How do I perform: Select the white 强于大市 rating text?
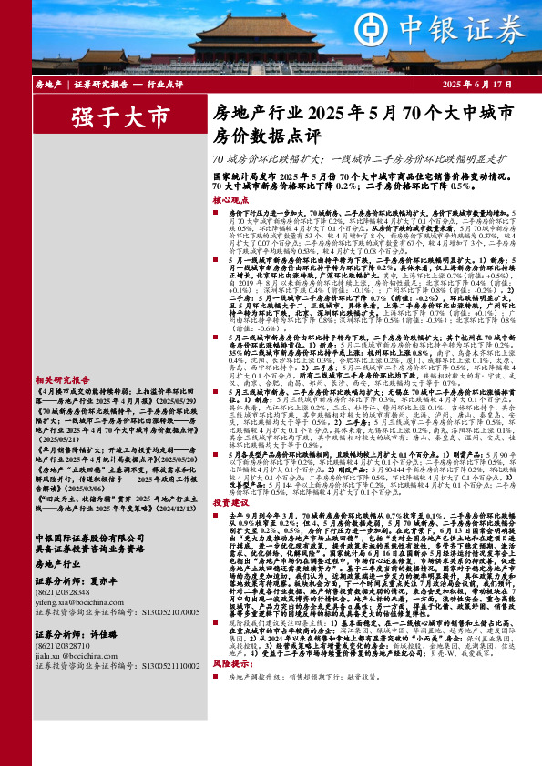pos(120,116)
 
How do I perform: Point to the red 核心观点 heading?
pos(229,198)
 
